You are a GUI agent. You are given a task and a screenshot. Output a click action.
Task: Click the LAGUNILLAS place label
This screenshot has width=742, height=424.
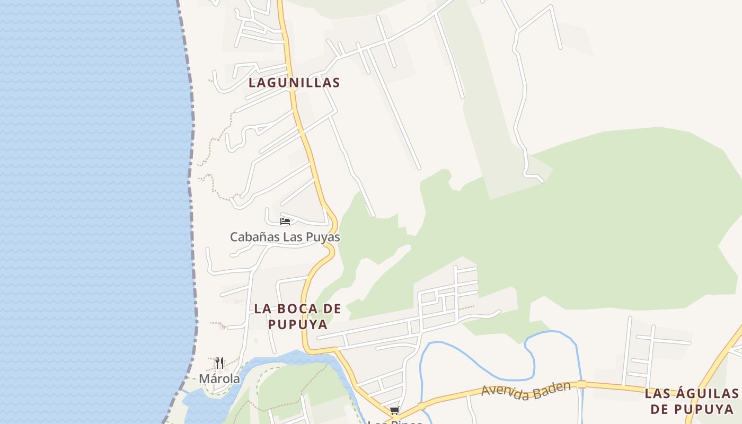pos(294,83)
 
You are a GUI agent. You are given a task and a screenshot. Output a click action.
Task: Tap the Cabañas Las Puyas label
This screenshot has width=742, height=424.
pos(285,237)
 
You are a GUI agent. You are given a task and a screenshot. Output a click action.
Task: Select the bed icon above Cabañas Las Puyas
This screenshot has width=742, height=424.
pos(285,221)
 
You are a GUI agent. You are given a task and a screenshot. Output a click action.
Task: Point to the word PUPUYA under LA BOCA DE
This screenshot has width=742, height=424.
pos(297,324)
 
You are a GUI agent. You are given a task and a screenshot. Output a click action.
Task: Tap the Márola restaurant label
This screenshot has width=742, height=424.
pos(219,378)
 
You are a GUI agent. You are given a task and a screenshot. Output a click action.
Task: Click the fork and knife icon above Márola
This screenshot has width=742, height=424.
pos(219,363)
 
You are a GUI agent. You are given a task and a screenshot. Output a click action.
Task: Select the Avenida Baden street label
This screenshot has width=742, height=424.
pos(526,391)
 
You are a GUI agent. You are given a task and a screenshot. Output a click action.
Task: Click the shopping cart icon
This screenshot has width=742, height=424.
pos(394,411)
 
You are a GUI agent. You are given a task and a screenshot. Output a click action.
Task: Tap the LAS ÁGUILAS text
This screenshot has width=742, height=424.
pos(691,393)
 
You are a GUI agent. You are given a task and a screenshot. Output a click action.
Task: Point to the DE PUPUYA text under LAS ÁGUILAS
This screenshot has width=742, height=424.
pos(692,409)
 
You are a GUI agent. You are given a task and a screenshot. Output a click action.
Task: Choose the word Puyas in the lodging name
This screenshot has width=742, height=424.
pos(323,237)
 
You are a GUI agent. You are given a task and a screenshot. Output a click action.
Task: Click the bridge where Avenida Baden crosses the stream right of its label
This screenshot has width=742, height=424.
pos(581,384)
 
